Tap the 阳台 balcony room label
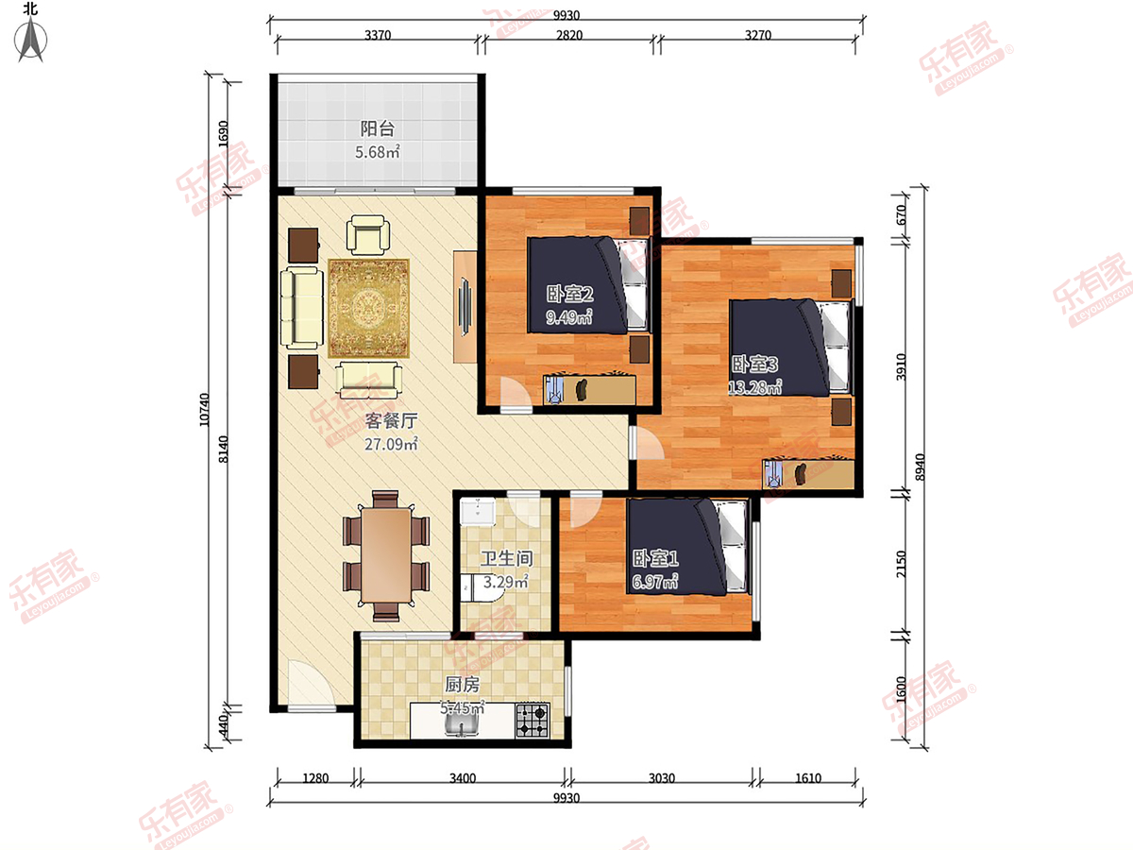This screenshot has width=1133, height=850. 378,128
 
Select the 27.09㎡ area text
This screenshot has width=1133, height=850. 391,444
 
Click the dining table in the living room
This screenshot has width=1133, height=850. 386,555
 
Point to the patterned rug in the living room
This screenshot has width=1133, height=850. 368,308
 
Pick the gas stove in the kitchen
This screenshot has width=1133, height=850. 533,720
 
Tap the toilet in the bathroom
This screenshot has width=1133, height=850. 482,587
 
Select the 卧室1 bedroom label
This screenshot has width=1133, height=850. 655,558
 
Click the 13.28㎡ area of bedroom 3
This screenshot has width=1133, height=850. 754,386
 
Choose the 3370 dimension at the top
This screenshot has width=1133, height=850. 378,35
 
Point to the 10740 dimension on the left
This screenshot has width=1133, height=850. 205,410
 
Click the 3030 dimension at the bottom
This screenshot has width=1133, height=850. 661,777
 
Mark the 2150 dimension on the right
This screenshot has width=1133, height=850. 901,564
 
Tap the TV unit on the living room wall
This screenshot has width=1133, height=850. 465,307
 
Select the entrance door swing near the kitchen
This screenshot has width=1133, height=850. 312,683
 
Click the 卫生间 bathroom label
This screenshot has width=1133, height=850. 507,558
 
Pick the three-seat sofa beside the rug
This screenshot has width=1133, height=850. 302,307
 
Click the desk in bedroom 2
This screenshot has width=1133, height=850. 589,390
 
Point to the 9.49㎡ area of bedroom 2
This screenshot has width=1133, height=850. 569,316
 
